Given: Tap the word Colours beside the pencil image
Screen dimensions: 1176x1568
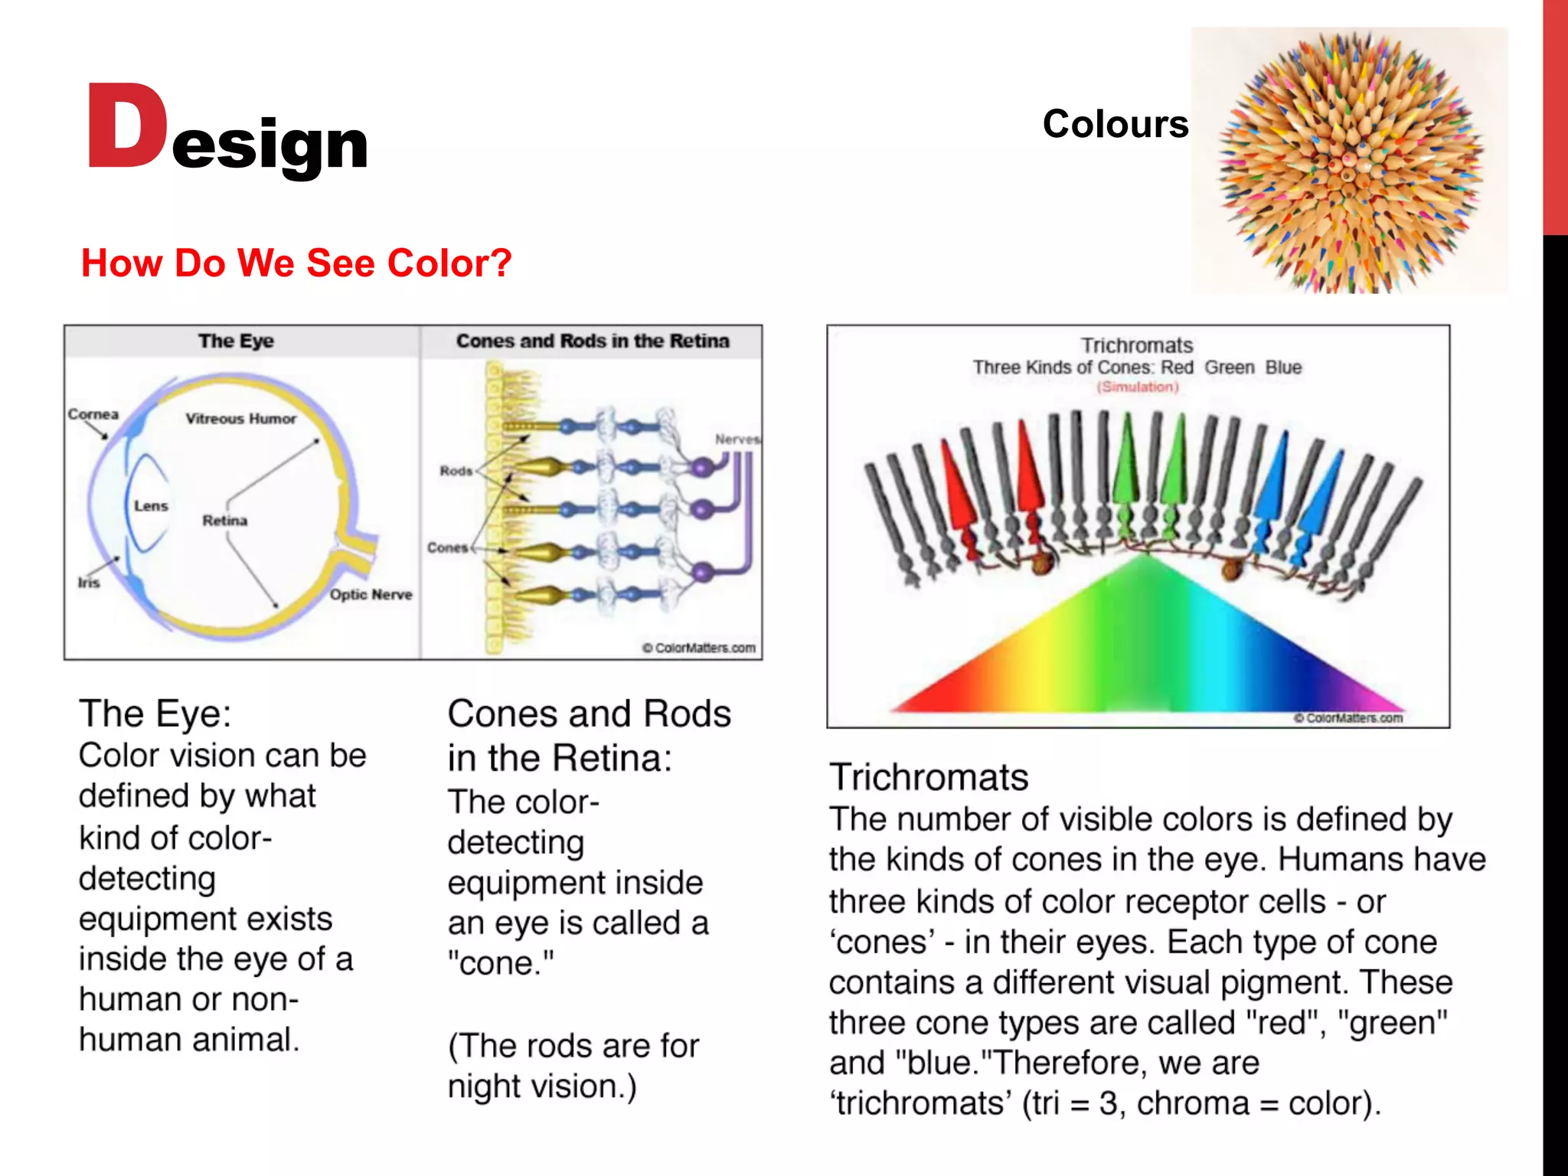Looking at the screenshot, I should (x=1115, y=124).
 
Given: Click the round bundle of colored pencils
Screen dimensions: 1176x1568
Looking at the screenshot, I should (x=1349, y=162).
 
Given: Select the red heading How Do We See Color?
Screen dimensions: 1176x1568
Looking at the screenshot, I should (x=296, y=263).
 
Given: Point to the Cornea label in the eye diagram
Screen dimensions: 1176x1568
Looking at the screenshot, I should (x=93, y=414).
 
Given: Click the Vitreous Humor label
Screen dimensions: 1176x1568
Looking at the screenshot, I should (x=240, y=419).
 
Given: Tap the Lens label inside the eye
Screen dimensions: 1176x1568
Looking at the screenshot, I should (x=151, y=506).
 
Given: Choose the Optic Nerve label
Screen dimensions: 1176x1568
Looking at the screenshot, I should (x=371, y=595).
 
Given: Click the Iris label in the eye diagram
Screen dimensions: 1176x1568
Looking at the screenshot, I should (x=89, y=583).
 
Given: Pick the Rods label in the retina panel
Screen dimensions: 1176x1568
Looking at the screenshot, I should (x=456, y=471).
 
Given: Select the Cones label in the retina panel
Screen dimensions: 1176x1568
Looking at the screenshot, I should (x=447, y=548).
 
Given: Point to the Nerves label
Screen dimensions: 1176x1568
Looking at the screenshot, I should (x=737, y=439).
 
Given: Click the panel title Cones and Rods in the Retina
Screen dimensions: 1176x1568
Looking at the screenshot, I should (x=592, y=341).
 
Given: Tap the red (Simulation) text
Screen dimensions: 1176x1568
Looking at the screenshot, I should (x=1138, y=387).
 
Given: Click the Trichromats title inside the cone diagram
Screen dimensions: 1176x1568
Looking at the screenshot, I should (x=1137, y=345).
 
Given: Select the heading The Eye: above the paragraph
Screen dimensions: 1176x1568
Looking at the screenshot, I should (x=155, y=714).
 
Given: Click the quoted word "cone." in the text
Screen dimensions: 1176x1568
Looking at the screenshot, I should (x=501, y=963).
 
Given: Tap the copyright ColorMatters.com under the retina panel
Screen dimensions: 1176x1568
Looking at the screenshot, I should (x=698, y=648).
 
